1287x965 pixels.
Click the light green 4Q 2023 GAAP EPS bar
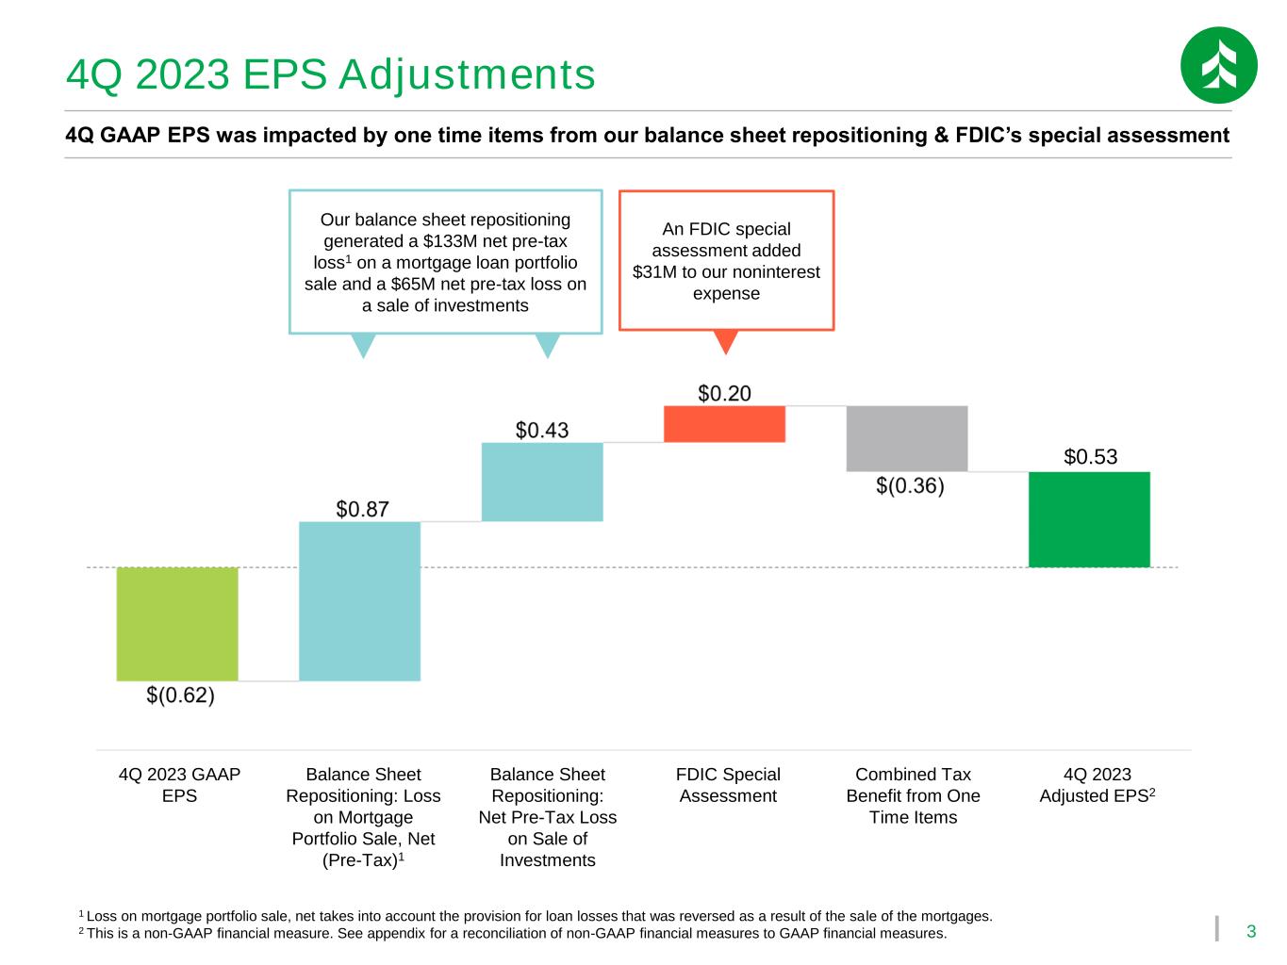[177, 624]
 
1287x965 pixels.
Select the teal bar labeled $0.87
[359, 601]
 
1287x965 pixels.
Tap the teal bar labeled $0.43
[542, 482]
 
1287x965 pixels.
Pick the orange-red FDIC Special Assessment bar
[724, 424]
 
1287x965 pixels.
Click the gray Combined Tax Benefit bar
[906, 438]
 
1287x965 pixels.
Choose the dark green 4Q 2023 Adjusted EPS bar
[1089, 519]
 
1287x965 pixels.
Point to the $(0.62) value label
[181, 695]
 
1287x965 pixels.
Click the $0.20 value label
[724, 393]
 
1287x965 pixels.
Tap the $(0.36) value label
[910, 485]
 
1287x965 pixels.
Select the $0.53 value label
[1091, 456]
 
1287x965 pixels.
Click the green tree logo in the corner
[1218, 65]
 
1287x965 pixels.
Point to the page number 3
[1250, 931]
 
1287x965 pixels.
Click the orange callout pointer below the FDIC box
[725, 342]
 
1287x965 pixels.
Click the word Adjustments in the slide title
[468, 75]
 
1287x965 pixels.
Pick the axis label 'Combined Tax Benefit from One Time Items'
[913, 795]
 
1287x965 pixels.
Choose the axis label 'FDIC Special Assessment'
[728, 785]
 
